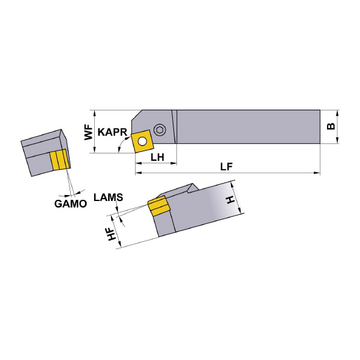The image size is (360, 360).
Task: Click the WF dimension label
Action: [88, 133]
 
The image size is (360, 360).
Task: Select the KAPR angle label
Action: [112, 132]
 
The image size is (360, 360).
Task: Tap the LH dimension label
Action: [157, 157]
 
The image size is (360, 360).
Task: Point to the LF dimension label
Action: [227, 167]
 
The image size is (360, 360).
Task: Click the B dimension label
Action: [331, 126]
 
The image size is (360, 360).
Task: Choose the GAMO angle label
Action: [70, 203]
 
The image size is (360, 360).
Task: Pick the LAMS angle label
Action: [109, 197]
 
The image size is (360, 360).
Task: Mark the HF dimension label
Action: [112, 234]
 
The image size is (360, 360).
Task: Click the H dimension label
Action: [230, 200]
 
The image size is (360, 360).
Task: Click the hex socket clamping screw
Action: [158, 130]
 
